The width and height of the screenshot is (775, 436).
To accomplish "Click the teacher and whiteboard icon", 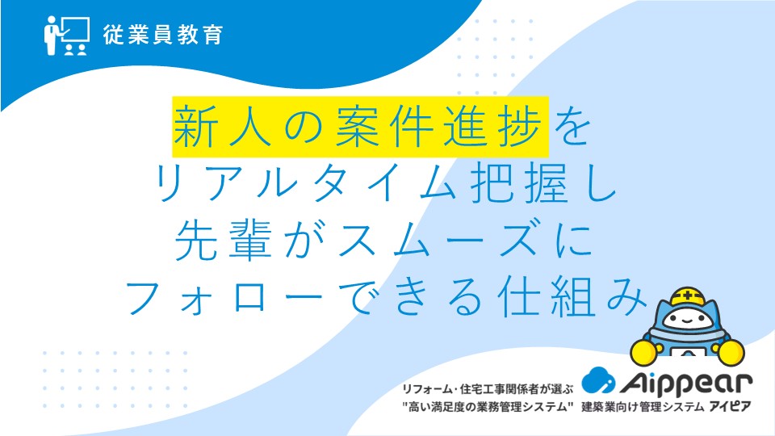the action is click(x=67, y=36).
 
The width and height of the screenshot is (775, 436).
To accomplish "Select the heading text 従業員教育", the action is click(x=163, y=35).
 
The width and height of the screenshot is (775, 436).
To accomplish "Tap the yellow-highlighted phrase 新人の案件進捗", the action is click(x=360, y=127).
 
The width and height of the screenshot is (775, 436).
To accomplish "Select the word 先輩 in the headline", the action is click(x=224, y=241).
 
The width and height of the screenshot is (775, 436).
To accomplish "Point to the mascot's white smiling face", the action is click(x=688, y=320).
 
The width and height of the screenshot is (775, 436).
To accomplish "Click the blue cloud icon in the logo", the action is click(x=598, y=379).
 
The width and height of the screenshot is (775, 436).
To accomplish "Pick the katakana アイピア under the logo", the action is click(x=730, y=407).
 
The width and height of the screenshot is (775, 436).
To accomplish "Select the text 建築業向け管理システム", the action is click(x=643, y=407).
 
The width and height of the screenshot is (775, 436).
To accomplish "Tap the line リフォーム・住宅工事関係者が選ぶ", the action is click(x=488, y=389).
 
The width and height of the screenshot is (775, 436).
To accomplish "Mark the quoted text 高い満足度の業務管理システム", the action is click(x=488, y=407).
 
